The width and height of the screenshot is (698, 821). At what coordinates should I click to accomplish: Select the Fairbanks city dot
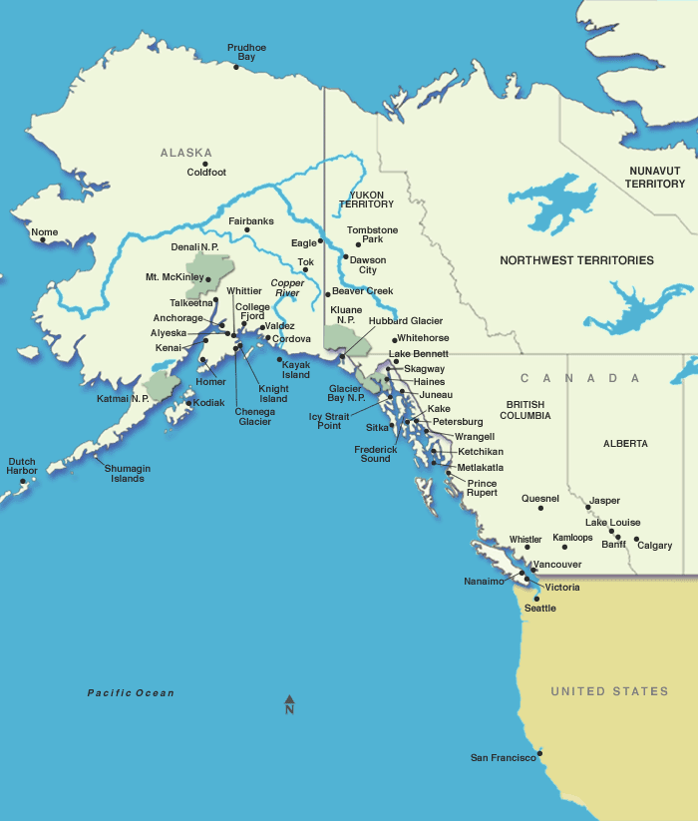[x=247, y=230]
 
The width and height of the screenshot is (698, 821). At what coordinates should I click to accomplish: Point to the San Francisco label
[x=503, y=758]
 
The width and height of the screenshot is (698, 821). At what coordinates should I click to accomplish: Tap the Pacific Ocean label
[x=131, y=693]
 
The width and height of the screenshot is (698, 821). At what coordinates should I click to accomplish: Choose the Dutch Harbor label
[x=22, y=466]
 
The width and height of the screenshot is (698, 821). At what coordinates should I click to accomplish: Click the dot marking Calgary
[x=636, y=540]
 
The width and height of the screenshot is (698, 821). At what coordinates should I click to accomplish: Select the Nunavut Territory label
[x=655, y=178]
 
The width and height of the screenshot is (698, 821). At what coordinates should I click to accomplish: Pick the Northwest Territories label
[x=576, y=260]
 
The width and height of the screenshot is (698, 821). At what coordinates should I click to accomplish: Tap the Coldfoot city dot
[x=205, y=164]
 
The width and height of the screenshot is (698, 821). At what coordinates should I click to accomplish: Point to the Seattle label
[x=540, y=608]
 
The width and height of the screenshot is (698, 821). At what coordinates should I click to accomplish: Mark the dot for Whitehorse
[x=394, y=340]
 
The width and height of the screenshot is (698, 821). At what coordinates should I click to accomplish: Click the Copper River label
[x=286, y=288]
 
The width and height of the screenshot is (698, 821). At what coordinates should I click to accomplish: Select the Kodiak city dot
[x=188, y=403]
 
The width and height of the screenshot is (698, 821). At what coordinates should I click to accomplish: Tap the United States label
[x=609, y=691]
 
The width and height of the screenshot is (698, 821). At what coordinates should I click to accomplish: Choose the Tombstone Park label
[x=372, y=234]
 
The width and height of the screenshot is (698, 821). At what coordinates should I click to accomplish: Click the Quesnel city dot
[x=540, y=509]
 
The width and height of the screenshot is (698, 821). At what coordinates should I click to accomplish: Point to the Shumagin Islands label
[x=128, y=473]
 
